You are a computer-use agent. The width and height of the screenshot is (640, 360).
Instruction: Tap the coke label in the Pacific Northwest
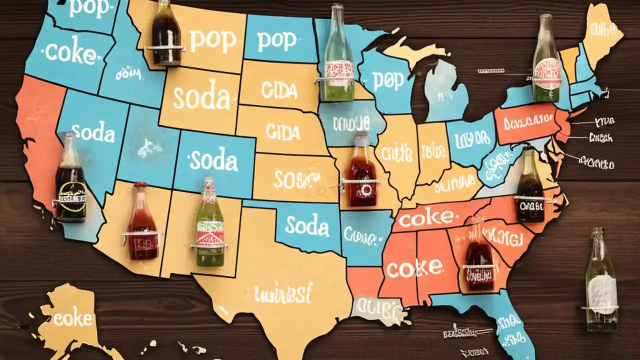(x=65, y=53)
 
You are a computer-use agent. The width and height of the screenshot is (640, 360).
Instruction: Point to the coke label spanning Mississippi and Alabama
(x=413, y=268)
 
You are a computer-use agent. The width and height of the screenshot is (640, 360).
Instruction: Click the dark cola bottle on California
(x=70, y=182)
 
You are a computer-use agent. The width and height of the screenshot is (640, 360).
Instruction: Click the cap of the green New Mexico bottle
(x=208, y=178)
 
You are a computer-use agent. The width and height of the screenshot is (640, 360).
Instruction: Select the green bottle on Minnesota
(x=338, y=60)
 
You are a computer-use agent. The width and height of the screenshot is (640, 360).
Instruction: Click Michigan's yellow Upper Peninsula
(x=415, y=50)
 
